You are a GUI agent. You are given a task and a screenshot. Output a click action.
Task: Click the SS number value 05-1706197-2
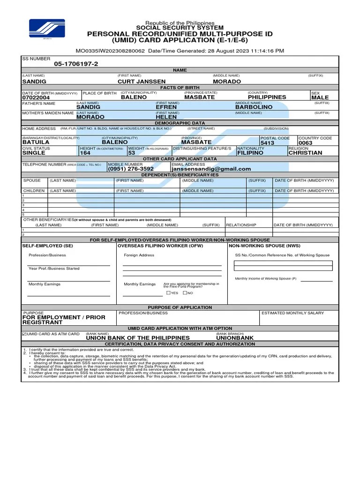(x=76, y=64)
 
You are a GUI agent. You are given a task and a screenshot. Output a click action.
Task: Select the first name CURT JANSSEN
(x=141, y=81)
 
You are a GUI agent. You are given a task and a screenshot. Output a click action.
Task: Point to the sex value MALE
(x=320, y=98)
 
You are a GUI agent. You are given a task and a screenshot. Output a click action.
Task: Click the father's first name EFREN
(x=166, y=107)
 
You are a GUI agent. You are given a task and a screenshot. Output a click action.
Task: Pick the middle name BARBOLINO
(x=254, y=107)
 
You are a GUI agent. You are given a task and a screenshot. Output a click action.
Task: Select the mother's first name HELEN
(x=166, y=117)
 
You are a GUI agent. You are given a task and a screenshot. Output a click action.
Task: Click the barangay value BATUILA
(x=36, y=142)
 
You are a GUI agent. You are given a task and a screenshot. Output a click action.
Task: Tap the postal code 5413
(x=267, y=143)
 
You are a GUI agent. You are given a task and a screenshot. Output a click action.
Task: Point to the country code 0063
(x=305, y=143)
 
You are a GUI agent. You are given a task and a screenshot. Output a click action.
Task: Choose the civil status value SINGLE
(x=34, y=153)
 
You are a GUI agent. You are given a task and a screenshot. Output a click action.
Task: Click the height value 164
(x=85, y=153)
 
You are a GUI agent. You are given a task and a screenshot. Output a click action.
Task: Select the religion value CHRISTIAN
(x=305, y=153)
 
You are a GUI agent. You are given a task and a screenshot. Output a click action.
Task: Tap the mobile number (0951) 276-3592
(x=131, y=169)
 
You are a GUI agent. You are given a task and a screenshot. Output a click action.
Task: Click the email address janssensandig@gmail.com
(x=211, y=169)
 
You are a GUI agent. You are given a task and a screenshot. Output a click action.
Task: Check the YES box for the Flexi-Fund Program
(x=168, y=292)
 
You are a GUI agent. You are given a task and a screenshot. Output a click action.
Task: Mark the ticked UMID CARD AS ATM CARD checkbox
(x=24, y=334)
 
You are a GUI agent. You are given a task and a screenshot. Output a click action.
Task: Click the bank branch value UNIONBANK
(x=234, y=337)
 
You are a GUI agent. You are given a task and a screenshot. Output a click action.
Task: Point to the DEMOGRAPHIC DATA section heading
(x=180, y=122)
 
